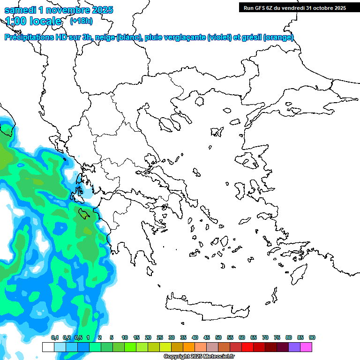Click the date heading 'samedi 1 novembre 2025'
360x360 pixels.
click(x=59, y=9)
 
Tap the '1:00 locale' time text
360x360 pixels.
click(x=33, y=21)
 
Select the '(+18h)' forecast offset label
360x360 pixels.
click(x=81, y=21)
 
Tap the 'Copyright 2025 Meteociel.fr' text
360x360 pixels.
click(x=199, y=357)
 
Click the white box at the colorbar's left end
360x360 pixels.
click(x=48, y=347)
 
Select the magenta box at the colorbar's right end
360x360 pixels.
click(x=306, y=347)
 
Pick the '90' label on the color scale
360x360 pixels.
click(x=312, y=337)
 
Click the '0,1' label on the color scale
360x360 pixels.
click(x=55, y=337)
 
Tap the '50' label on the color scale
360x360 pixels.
click(x=218, y=337)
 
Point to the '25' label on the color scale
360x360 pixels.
click(x=160, y=337)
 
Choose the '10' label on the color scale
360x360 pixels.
click(x=125, y=337)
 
